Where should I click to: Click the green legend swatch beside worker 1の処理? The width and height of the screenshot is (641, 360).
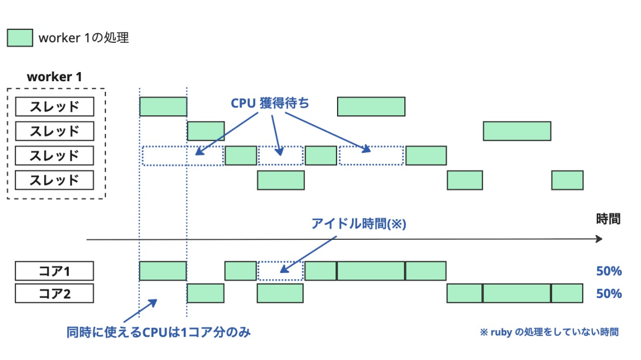tap(20, 38)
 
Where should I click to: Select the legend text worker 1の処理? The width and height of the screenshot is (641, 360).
tap(83, 38)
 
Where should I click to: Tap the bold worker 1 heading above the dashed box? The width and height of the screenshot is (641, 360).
tap(54, 76)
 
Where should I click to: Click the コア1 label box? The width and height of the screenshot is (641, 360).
tap(54, 271)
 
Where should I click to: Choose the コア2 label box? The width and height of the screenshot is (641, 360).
tap(54, 293)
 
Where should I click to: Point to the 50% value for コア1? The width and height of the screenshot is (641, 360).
tap(608, 271)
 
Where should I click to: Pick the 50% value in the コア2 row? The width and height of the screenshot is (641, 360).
tap(608, 294)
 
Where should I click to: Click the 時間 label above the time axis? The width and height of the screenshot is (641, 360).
tap(608, 218)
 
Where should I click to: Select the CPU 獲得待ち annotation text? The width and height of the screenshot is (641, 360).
tap(270, 103)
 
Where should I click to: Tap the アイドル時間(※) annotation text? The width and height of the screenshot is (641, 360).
tap(359, 224)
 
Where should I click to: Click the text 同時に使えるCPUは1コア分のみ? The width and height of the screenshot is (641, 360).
tap(159, 332)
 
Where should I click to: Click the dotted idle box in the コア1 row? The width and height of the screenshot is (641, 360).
tap(280, 271)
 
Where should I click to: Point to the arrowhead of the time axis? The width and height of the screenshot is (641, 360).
tap(599, 239)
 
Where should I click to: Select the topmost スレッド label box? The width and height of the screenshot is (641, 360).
tap(54, 106)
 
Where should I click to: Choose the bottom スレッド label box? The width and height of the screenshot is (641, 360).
tap(54, 180)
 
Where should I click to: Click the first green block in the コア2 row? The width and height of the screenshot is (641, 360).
tap(206, 293)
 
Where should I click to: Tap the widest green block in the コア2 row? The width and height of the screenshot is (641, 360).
tap(517, 293)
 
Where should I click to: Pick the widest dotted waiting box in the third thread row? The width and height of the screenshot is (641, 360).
tap(183, 155)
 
